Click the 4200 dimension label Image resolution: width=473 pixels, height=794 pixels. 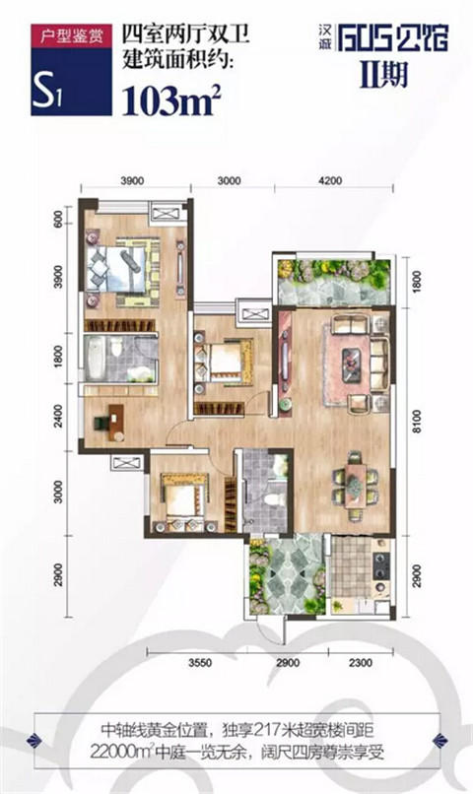coord(330,181)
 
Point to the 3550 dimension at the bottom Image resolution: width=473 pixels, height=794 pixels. coord(200,662)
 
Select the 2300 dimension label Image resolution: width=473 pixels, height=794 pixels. coord(360,662)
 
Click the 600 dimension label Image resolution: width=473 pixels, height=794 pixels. coord(58,219)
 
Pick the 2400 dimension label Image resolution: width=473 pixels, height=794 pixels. coord(58,417)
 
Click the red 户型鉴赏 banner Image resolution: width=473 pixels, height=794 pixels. coord(71,36)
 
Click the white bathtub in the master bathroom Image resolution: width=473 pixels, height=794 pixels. coord(96,359)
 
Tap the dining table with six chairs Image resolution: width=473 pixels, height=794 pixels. coord(356,485)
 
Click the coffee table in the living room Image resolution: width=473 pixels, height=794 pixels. coord(352,364)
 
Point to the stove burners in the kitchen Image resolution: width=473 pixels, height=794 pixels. coord(381,565)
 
